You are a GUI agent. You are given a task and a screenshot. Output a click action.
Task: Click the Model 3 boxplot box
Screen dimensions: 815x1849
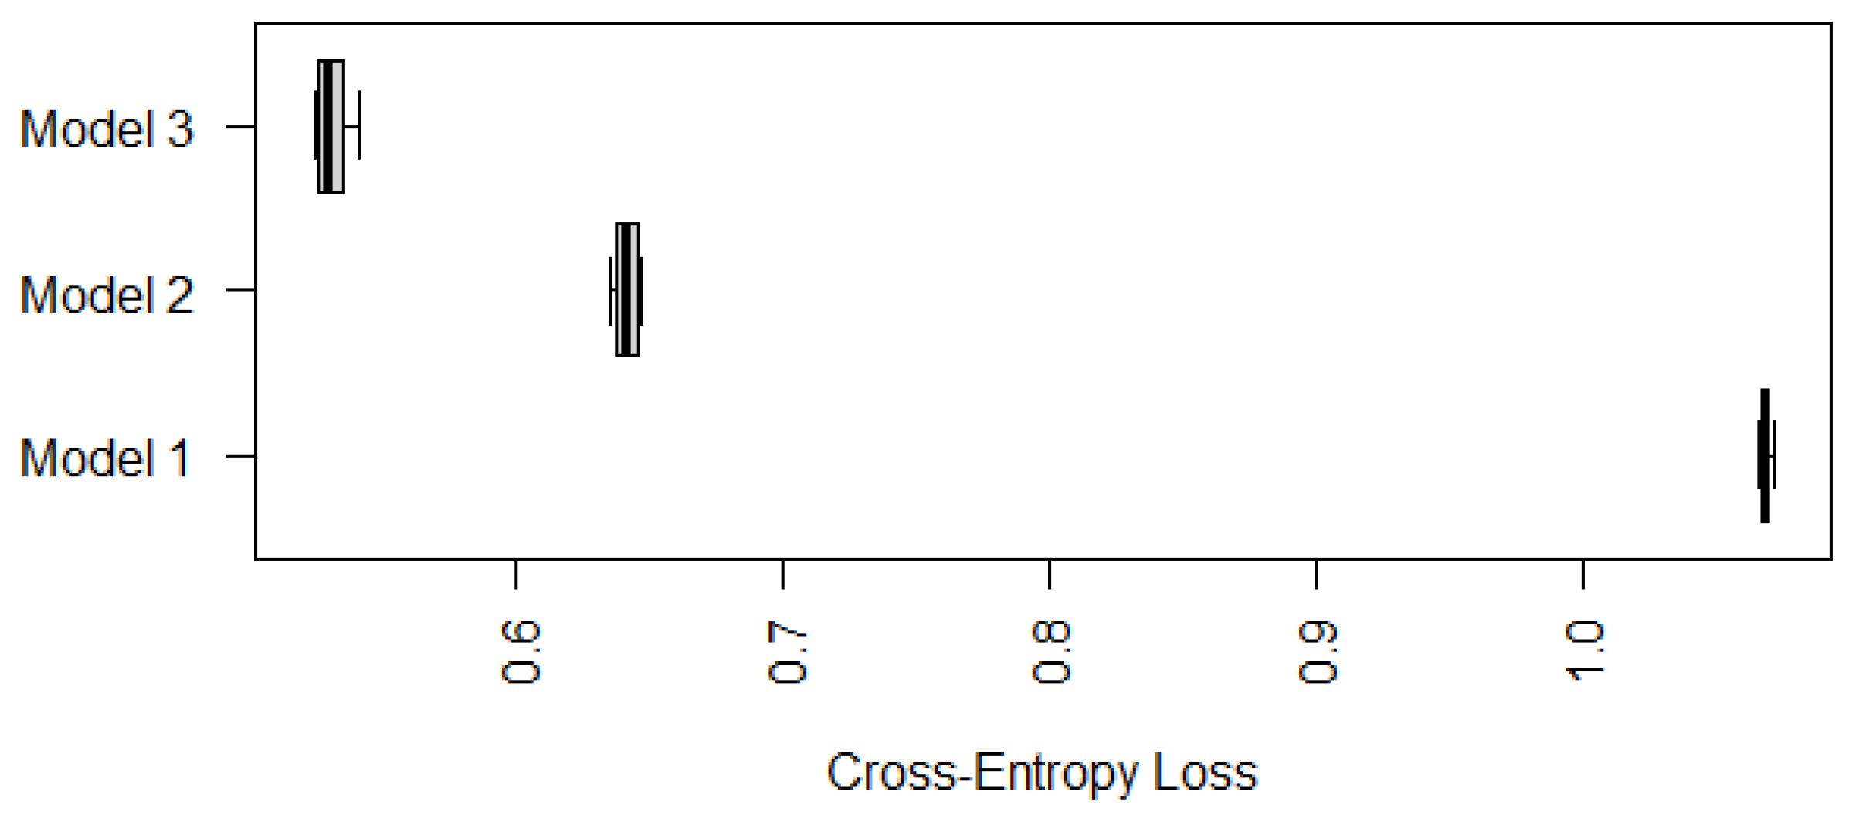331,126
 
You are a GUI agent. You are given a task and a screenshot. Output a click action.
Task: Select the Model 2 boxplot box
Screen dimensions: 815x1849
627,289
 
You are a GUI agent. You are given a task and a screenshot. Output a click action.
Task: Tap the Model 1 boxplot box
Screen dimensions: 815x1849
1765,455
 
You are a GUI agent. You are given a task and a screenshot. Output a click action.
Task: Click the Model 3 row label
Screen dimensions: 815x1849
106,128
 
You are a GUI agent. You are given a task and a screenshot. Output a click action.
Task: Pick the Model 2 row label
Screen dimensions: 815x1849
106,295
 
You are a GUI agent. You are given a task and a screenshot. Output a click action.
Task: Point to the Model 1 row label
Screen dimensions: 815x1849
104,458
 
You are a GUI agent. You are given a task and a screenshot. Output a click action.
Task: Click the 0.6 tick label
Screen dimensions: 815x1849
520,652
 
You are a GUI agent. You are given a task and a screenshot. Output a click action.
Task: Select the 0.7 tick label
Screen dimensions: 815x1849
786,652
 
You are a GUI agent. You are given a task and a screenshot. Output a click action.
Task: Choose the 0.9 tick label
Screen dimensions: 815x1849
1317,652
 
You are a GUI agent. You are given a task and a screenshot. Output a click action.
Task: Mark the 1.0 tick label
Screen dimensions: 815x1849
1584,652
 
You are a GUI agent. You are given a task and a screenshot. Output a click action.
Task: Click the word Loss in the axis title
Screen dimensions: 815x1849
1205,773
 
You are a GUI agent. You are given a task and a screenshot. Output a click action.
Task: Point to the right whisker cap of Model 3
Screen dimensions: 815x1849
359,125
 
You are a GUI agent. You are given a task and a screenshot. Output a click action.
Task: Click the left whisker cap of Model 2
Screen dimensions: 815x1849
610,290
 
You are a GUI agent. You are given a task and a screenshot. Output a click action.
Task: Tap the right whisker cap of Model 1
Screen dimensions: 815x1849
1775,455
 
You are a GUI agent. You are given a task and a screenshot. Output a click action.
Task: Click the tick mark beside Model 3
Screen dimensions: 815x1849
240,126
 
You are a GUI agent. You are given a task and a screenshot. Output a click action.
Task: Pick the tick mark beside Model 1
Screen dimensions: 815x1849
240,456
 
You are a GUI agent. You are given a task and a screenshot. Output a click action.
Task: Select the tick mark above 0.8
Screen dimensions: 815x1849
1050,574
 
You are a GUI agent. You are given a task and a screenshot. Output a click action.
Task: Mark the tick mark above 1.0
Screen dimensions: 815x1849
1583,574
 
